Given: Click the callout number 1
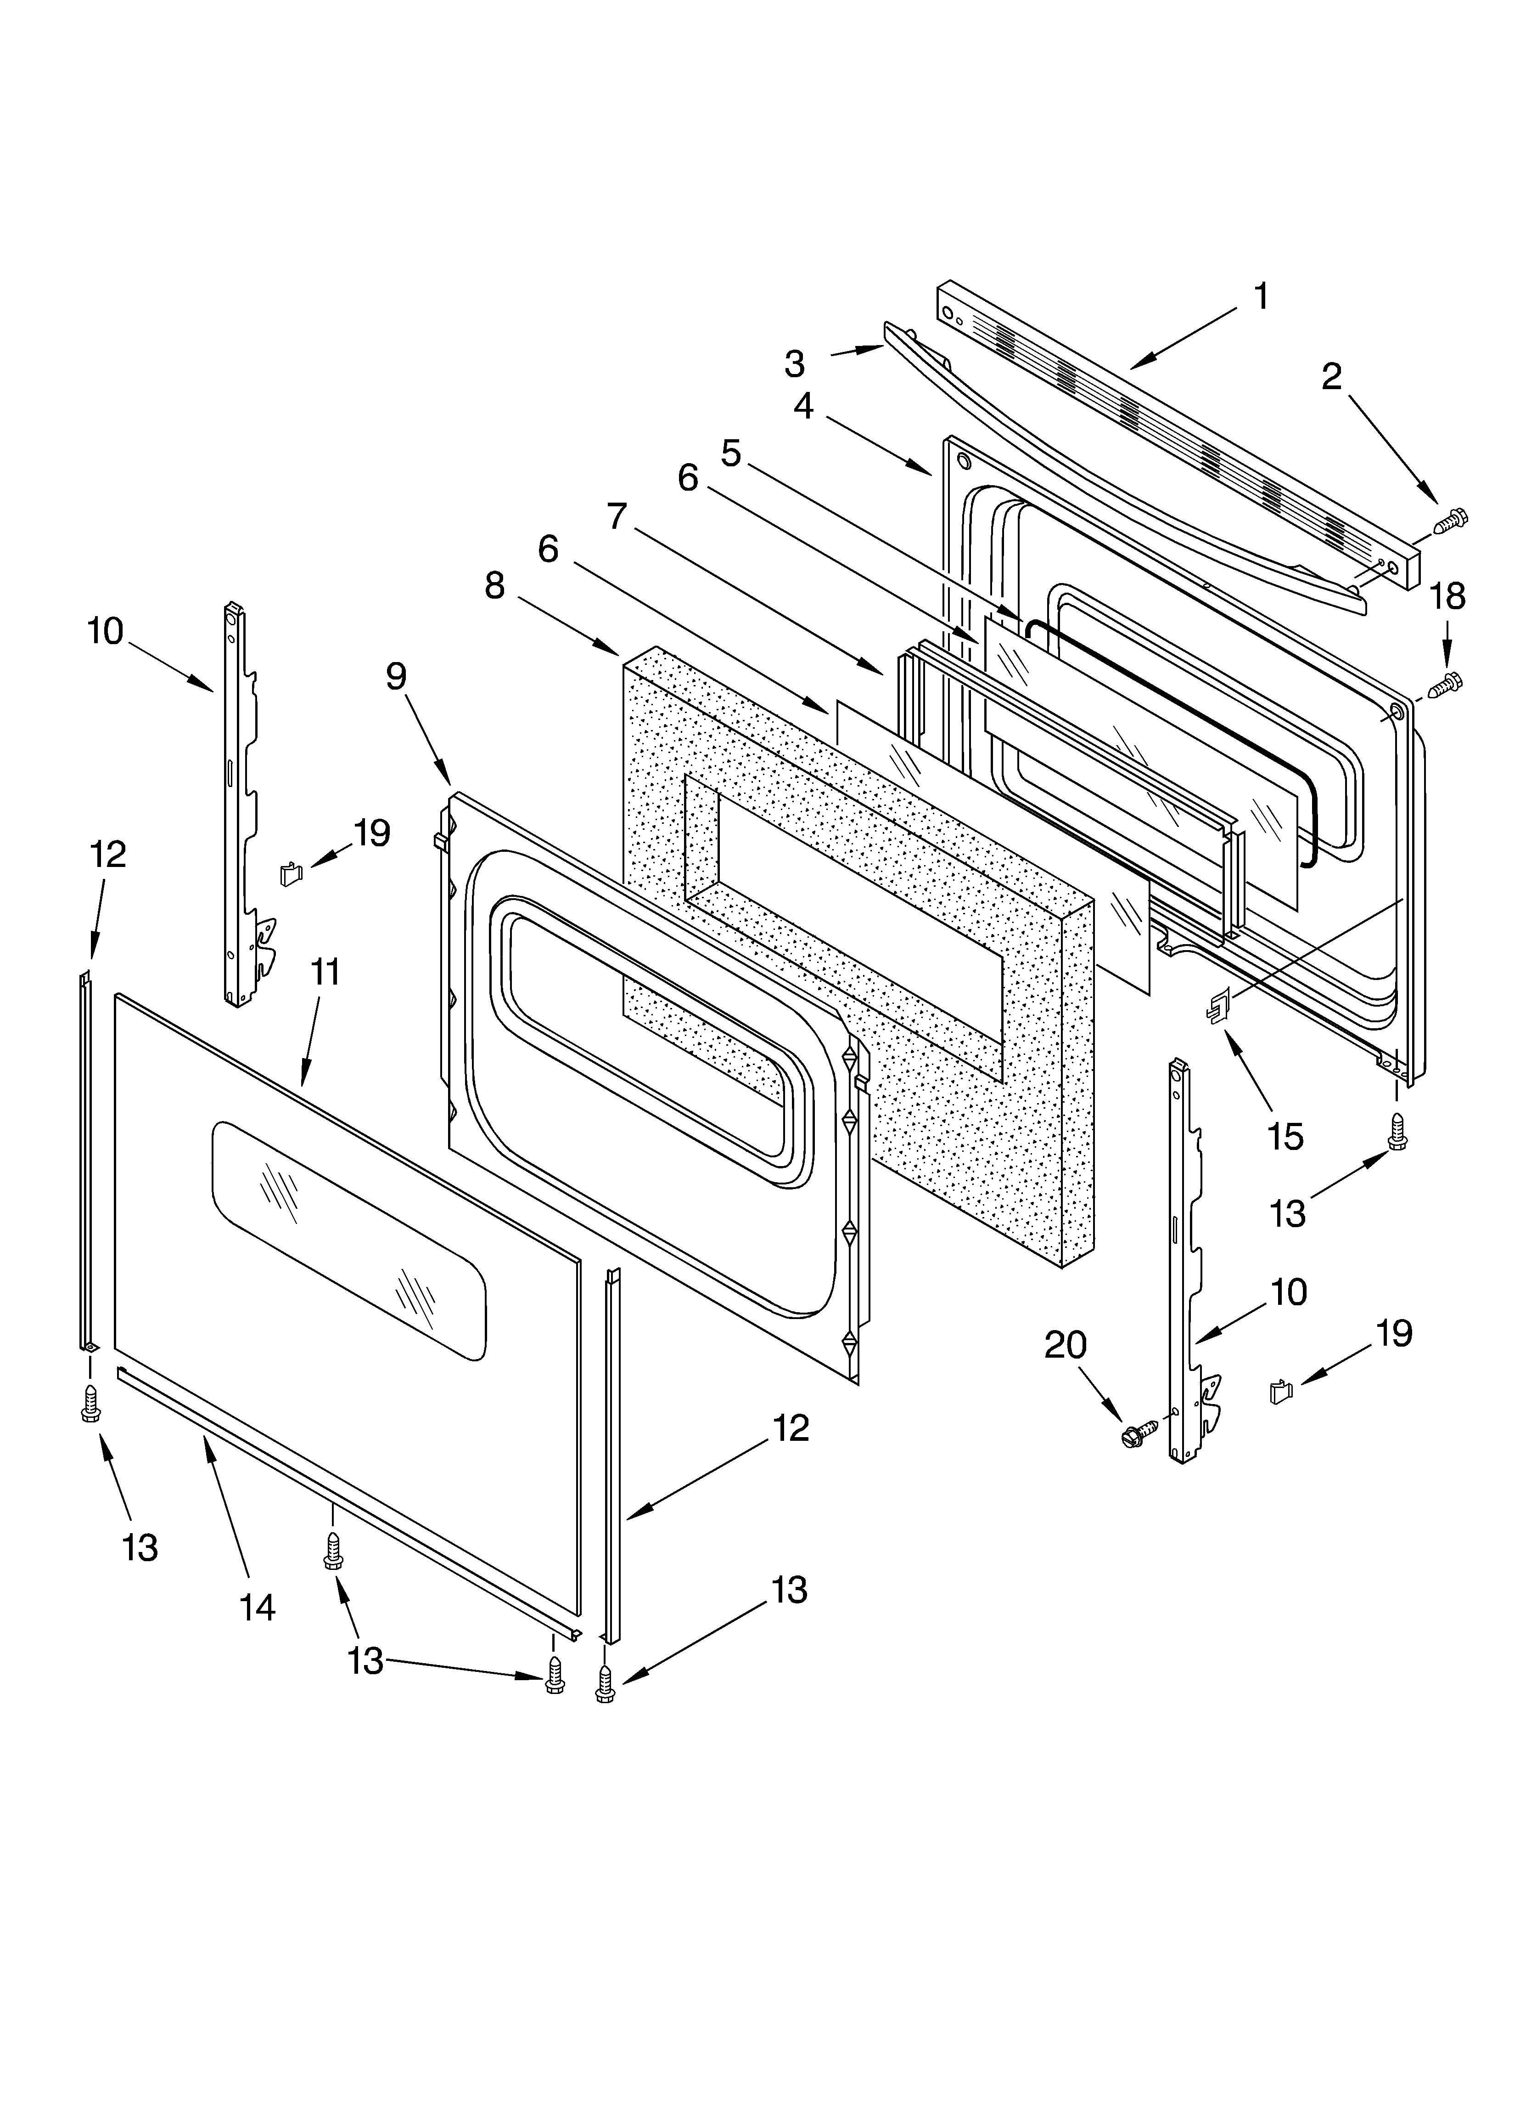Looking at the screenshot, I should pyautogui.click(x=1261, y=297).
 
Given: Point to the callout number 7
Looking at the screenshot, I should pyautogui.click(x=616, y=516).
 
